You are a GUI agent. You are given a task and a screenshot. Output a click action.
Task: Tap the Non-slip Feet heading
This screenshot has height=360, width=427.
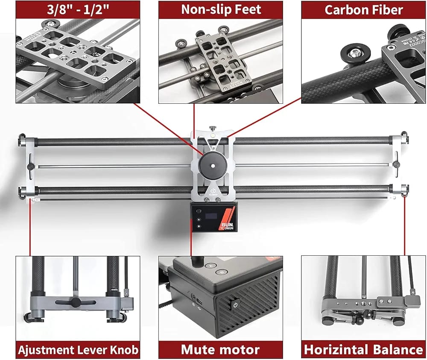(220, 9)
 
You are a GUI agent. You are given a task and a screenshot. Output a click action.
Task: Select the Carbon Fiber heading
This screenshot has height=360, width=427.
(363, 9)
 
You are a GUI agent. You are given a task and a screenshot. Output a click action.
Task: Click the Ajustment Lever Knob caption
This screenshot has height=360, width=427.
(78, 350)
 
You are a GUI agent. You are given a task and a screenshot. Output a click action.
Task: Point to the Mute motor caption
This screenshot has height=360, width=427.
(220, 350)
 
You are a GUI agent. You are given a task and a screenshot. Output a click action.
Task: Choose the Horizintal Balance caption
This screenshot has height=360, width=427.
(363, 350)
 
